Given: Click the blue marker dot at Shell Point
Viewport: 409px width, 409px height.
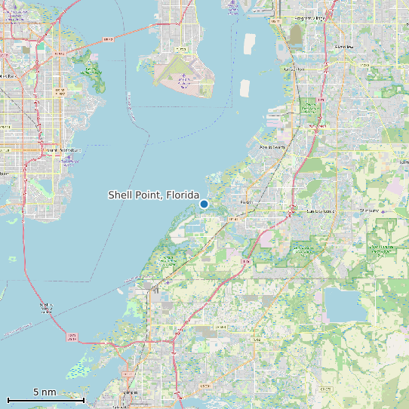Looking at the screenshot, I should click(x=204, y=204).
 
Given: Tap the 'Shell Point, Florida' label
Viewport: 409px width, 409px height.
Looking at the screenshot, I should click(x=153, y=195).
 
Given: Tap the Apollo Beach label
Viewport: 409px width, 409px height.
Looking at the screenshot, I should click(x=272, y=147).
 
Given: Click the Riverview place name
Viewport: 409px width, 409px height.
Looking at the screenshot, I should click(x=343, y=46).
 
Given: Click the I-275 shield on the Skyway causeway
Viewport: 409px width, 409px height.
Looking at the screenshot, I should click(x=72, y=337).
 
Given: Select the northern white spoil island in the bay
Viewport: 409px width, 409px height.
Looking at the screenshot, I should click(x=251, y=43).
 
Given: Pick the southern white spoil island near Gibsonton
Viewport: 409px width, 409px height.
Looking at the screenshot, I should click(x=244, y=88).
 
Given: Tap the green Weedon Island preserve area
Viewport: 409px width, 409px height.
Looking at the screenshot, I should click(x=92, y=74).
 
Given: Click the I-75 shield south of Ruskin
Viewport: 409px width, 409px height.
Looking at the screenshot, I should click(x=245, y=261).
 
